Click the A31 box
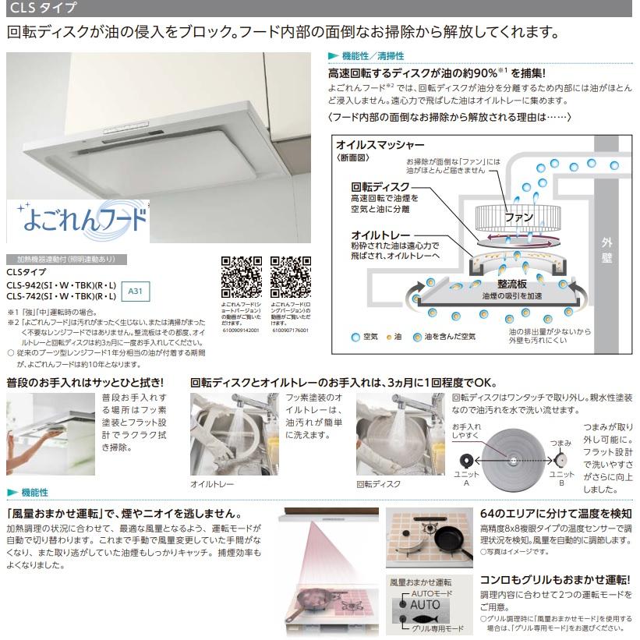pos(135,290)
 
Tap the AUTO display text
pos(425,604)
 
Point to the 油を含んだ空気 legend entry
pos(451,337)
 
